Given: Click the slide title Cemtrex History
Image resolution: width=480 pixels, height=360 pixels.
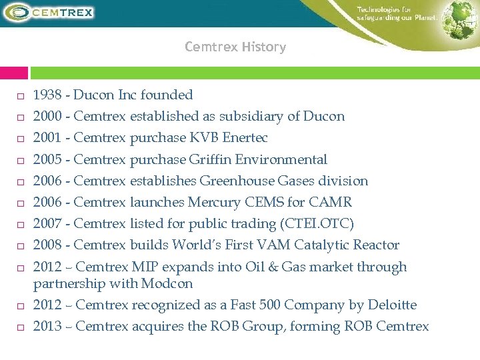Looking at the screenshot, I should (x=235, y=47).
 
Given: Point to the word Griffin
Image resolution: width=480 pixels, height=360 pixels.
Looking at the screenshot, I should (x=211, y=159).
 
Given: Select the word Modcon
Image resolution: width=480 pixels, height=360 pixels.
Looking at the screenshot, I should (x=167, y=283).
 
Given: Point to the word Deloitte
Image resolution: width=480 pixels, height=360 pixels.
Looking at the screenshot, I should (x=390, y=305).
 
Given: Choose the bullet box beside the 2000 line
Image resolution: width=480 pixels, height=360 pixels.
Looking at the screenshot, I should (x=21, y=117).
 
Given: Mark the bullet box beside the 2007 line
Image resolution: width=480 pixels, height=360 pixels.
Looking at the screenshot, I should (x=21, y=225).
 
